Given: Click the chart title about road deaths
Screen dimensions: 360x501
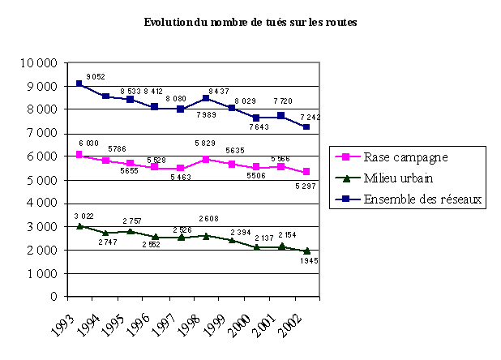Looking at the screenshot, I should (250, 23).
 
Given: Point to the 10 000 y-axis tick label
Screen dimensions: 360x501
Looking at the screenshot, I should (39, 62).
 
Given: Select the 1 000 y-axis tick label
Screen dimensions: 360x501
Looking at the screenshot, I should (41, 274).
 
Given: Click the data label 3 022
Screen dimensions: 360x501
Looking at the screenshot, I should (84, 216).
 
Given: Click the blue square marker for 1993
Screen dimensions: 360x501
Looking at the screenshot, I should (79, 84).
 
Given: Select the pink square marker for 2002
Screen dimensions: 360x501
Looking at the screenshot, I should (305, 172).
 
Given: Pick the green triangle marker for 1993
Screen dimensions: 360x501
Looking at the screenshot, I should (79, 225).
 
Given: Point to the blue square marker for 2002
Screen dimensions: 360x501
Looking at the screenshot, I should (305, 126).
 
